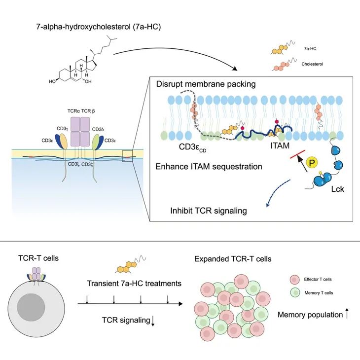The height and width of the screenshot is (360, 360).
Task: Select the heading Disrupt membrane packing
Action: coord(206,84)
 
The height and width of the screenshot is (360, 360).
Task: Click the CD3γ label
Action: coord(62,129)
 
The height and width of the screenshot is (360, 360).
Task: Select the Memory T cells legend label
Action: coord(318,293)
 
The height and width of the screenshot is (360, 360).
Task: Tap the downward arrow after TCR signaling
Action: coord(153,321)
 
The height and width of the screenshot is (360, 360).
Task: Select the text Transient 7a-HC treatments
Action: coord(131,284)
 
